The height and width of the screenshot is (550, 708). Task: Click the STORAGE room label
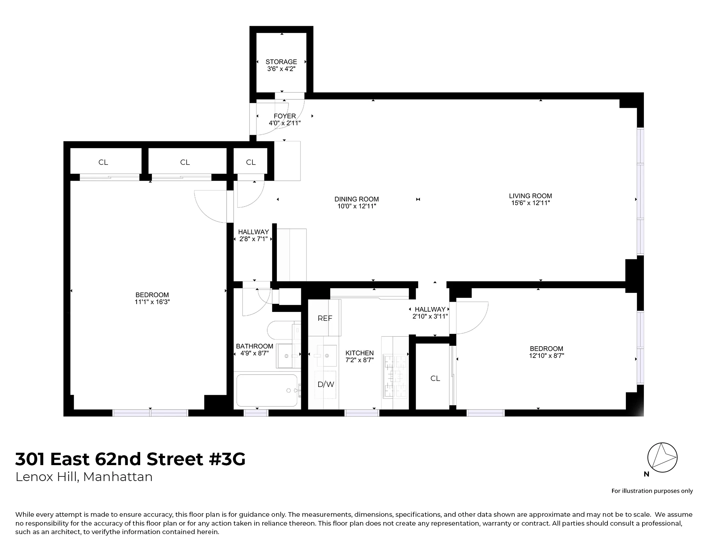click(281, 62)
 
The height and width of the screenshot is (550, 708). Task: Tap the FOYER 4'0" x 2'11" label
click(285, 120)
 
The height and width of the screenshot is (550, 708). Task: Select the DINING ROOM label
click(356, 199)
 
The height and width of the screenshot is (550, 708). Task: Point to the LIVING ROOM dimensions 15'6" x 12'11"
click(530, 203)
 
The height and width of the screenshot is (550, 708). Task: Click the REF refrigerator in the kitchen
click(325, 318)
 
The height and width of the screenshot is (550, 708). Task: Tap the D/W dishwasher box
click(326, 384)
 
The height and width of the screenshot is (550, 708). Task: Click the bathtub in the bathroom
click(267, 390)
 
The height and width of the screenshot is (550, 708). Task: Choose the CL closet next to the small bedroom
click(435, 378)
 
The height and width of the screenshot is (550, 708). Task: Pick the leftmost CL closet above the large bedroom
click(103, 162)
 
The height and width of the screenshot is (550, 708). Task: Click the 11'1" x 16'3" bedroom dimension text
click(152, 302)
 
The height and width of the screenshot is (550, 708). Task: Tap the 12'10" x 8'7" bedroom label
click(546, 356)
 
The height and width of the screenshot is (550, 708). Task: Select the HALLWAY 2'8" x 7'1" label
click(253, 236)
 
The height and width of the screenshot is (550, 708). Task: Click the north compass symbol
click(662, 457)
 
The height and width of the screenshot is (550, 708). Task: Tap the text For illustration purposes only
click(652, 491)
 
